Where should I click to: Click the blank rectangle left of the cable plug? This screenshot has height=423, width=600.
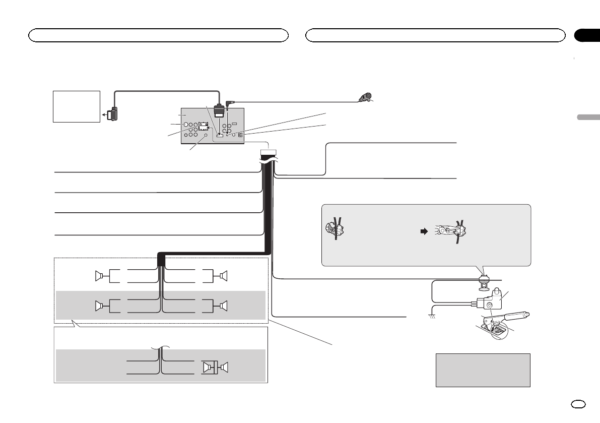coord(77,106)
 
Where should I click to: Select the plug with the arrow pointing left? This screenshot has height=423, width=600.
coord(113,114)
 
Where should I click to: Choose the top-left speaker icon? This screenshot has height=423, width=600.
coord(99,276)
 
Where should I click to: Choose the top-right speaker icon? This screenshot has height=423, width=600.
coord(224,276)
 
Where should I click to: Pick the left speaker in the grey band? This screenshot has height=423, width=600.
coord(99,306)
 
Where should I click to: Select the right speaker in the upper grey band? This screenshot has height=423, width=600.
coord(224,306)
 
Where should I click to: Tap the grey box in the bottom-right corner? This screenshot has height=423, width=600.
coord(483,370)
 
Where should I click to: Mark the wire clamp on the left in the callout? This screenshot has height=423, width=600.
coord(335,228)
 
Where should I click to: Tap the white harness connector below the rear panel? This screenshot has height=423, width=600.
coord(269,153)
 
